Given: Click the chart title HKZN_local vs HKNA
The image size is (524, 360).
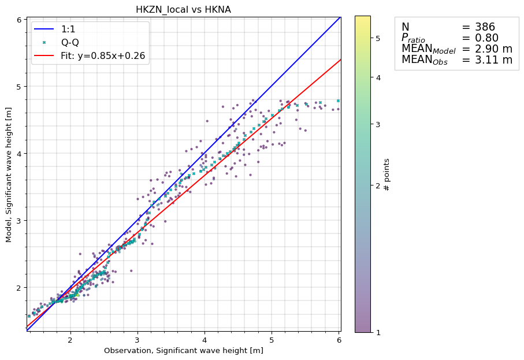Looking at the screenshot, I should pyautogui.click(x=183, y=9).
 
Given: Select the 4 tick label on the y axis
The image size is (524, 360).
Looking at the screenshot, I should pyautogui.click(x=19, y=154).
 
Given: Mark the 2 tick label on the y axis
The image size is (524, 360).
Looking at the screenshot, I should pyautogui.click(x=19, y=288).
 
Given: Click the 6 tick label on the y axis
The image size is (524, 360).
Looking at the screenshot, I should pyautogui.click(x=19, y=20).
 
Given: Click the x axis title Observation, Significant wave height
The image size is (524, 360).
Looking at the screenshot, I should pyautogui.click(x=183, y=351).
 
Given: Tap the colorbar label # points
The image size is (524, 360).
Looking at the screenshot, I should pyautogui.click(x=387, y=174).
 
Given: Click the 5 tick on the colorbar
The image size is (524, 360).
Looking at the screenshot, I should pyautogui.click(x=378, y=38).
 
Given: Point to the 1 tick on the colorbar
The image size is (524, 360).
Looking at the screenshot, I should pyautogui.click(x=378, y=332).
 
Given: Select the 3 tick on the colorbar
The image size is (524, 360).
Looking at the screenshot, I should pyautogui.click(x=378, y=124).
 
